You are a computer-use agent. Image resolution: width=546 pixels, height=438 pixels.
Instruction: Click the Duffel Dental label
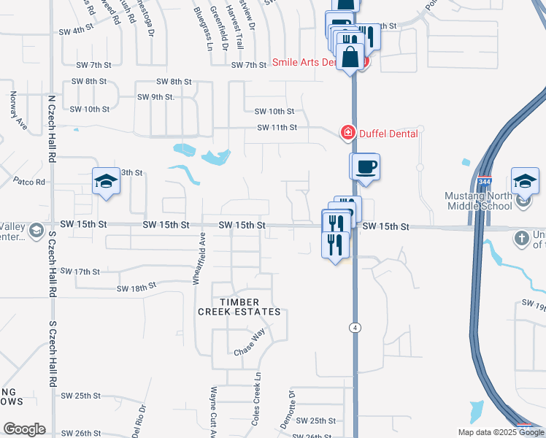click(388, 133)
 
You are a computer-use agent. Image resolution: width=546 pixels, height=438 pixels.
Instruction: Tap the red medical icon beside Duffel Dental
click(347, 133)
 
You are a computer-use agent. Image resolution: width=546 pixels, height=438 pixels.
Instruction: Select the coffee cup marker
click(366, 166)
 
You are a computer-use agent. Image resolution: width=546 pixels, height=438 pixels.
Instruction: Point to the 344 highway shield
click(483, 181)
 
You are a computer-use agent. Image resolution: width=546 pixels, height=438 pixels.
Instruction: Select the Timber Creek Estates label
click(239, 307)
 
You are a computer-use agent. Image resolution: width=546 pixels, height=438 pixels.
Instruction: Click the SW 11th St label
click(277, 128)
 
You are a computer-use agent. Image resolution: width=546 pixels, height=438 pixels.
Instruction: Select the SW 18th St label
click(136, 287)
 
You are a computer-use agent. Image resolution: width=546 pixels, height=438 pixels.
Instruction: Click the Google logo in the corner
click(24, 429)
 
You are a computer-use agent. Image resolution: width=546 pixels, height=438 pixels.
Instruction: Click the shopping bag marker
click(351, 57)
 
